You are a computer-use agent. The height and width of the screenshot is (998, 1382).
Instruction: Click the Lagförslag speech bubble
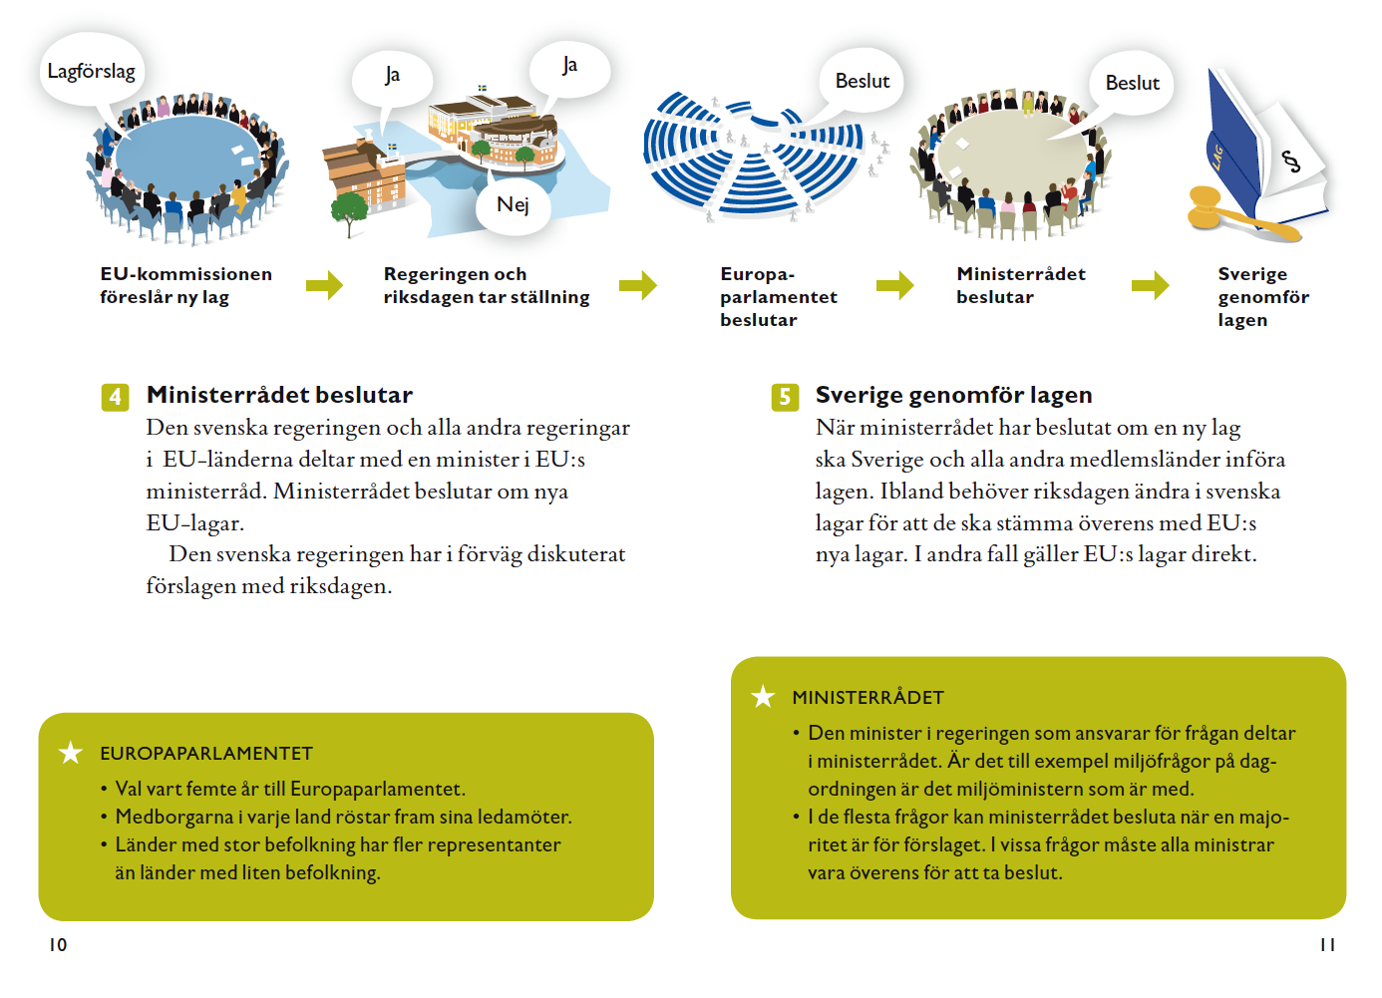pos(91,71)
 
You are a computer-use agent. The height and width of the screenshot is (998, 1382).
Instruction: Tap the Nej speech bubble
pos(513,205)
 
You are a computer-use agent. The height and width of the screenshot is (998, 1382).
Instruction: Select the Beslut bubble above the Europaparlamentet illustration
pos(862,81)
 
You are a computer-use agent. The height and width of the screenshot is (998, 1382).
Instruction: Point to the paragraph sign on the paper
pos(1290,161)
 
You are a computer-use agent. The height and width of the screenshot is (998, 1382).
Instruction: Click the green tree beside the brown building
pos(348,210)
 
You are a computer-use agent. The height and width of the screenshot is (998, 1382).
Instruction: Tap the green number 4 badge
pos(115,397)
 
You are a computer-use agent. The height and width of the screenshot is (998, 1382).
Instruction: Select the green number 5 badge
pos(785,397)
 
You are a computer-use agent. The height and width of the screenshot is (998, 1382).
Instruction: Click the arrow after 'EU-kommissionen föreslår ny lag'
pos(324,285)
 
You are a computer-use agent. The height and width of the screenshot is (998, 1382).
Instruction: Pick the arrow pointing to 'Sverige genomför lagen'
pos(1150,285)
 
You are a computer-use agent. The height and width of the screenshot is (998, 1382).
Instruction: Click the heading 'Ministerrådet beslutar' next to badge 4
pos(279,395)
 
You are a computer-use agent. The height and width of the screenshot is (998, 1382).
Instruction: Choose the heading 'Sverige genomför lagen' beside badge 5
pos(953,395)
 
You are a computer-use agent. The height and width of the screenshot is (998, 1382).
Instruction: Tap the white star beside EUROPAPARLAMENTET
pos(71,753)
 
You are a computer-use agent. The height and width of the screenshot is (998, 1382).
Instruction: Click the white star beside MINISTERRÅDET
pos(763,697)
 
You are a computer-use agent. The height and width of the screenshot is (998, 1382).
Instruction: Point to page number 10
pos(58,944)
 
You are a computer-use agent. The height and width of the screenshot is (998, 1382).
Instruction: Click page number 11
pos(1326,944)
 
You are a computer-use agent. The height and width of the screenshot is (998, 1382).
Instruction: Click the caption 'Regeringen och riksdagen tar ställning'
pos(486,285)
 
